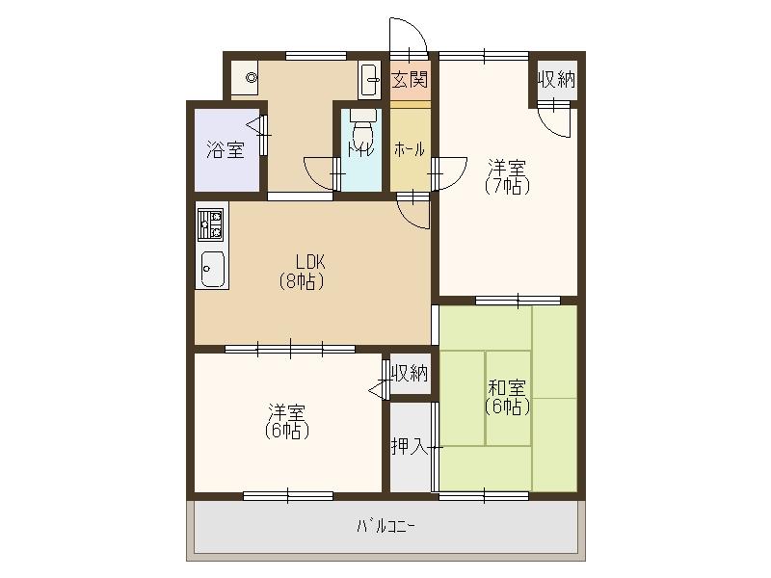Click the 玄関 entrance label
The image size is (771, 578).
411,80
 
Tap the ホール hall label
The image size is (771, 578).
410,149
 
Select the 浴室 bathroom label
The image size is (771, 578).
226,149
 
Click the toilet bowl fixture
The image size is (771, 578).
363,128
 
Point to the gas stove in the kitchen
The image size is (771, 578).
211,224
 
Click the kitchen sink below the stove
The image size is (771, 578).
212,269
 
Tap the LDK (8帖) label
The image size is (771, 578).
302,271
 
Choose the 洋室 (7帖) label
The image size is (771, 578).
507,177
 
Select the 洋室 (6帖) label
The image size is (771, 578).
287,421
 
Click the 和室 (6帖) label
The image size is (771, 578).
507,397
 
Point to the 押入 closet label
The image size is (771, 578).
410,446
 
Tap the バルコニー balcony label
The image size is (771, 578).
386,527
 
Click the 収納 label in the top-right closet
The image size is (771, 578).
556,79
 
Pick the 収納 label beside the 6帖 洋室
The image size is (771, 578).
410,374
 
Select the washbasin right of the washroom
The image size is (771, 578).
370,80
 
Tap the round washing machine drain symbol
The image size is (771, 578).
252,78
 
